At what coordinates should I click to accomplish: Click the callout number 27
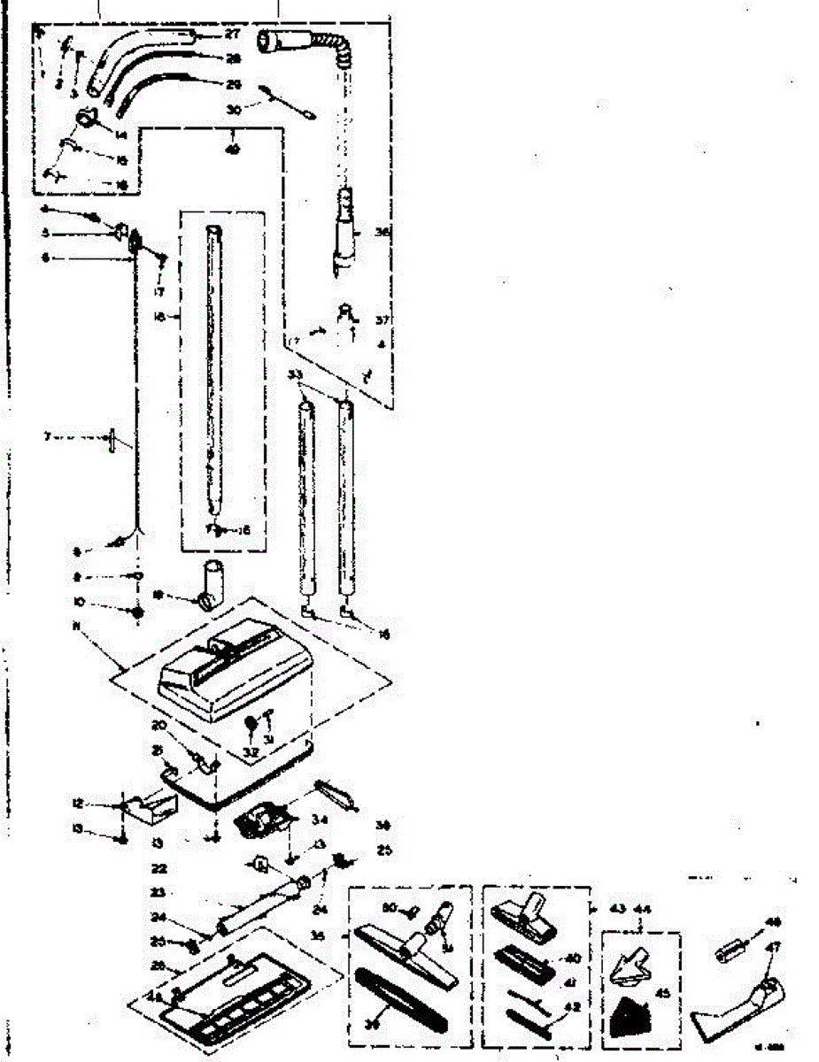[233, 35]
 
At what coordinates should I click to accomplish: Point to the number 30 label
[233, 110]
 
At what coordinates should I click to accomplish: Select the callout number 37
[382, 320]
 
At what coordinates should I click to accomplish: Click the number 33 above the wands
[295, 374]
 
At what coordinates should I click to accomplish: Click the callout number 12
[77, 804]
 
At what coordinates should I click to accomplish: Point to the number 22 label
[159, 869]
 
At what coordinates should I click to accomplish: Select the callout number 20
[158, 724]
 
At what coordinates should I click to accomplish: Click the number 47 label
[773, 947]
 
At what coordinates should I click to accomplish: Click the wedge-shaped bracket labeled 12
[147, 804]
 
